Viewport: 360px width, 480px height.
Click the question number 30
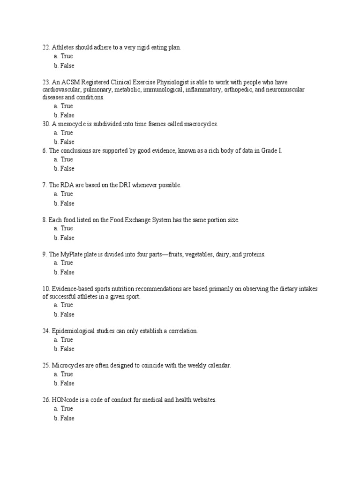[x=46, y=124]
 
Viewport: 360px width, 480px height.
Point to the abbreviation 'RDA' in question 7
[x=67, y=185]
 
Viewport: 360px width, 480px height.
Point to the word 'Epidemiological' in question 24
[x=74, y=331]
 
